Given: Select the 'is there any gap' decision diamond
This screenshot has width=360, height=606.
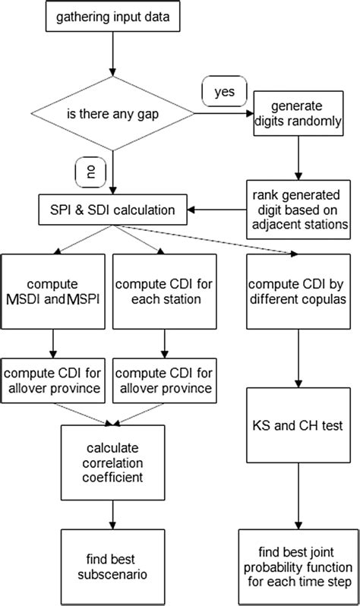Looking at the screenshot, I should pos(112,118).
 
